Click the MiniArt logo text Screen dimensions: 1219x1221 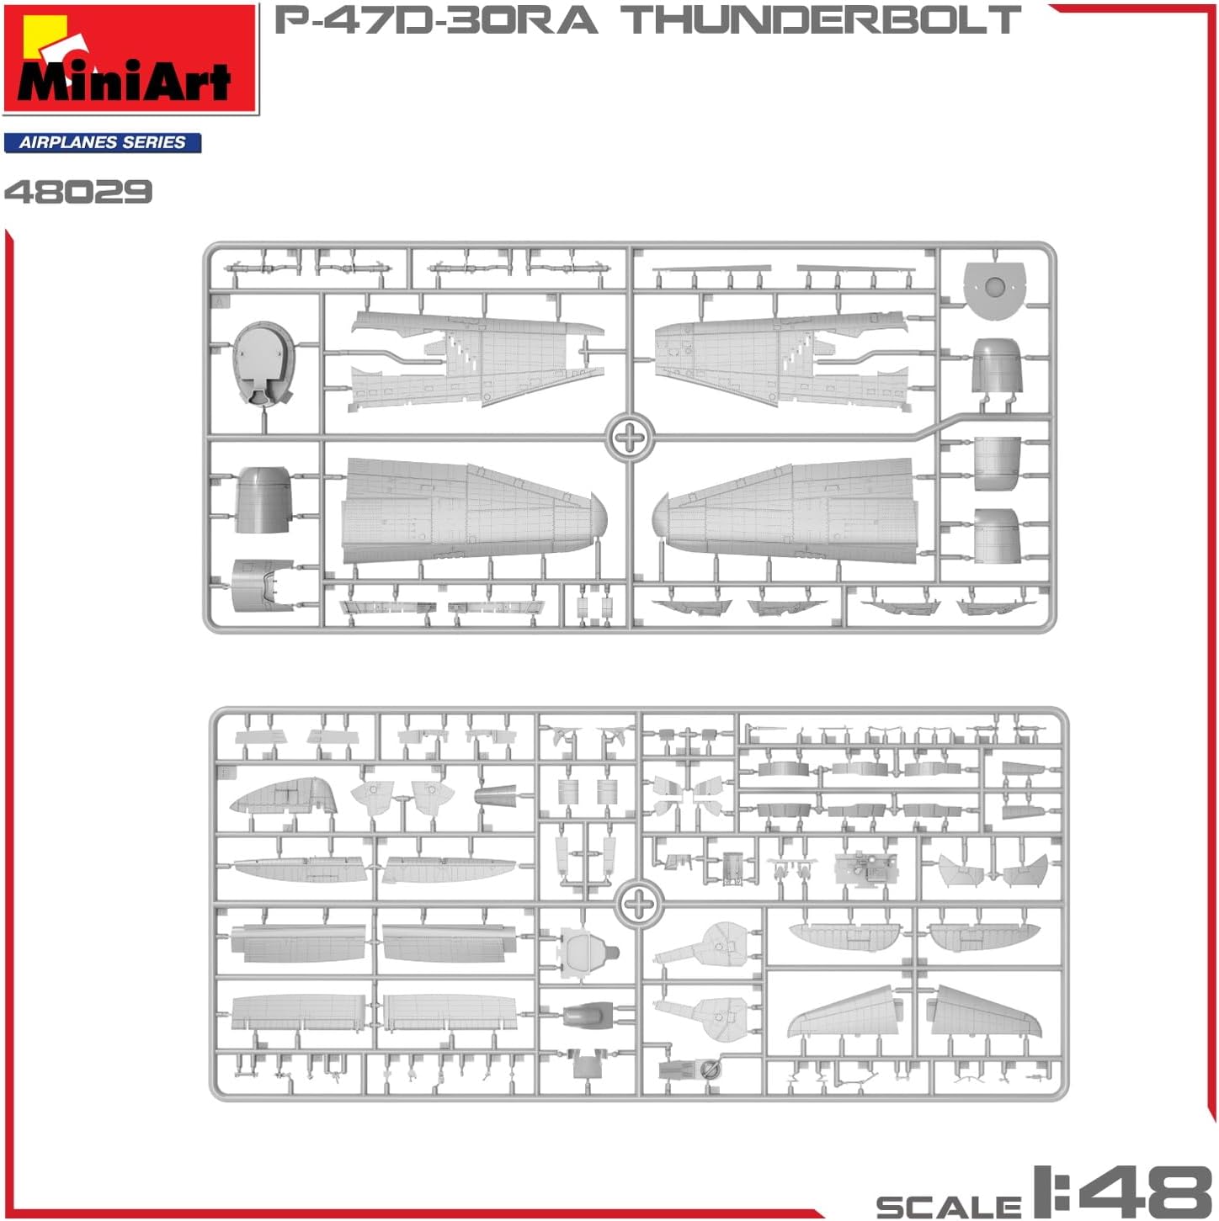(124, 81)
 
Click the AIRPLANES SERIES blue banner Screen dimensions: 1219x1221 (103, 142)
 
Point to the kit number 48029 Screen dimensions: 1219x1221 (78, 191)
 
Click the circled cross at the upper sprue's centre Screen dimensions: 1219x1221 (630, 437)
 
